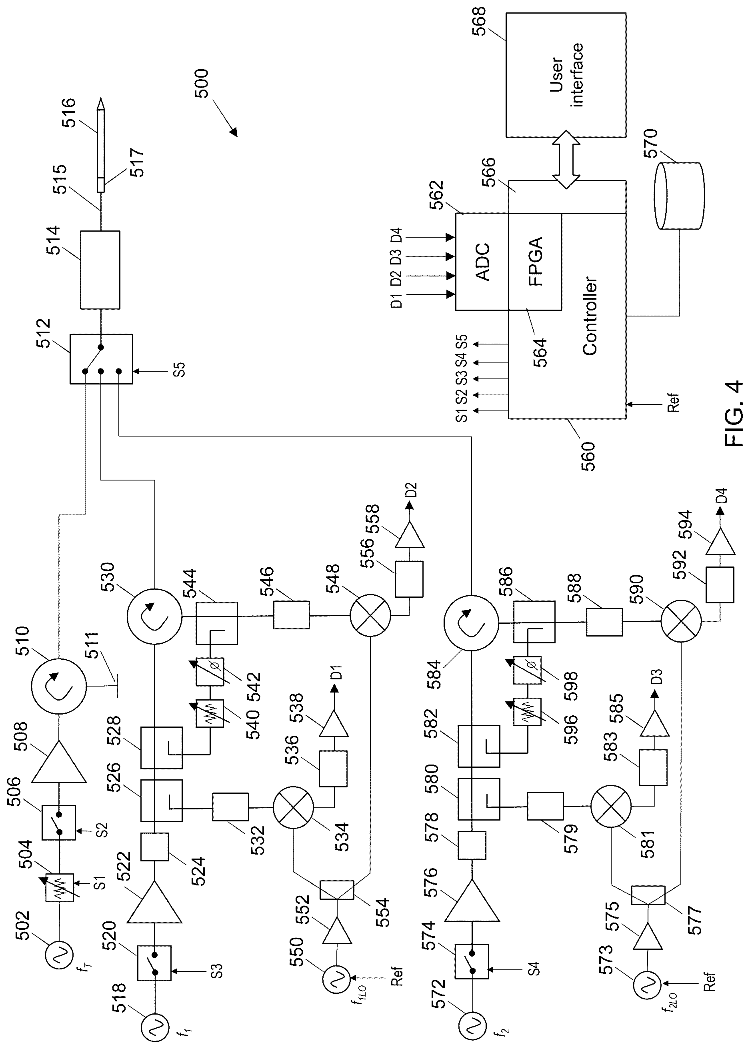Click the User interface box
(566, 75)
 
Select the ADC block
(482, 262)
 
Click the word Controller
(590, 316)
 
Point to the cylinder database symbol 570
(679, 196)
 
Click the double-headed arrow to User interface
(566, 159)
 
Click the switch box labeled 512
(101, 359)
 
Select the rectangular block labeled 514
(100, 270)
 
